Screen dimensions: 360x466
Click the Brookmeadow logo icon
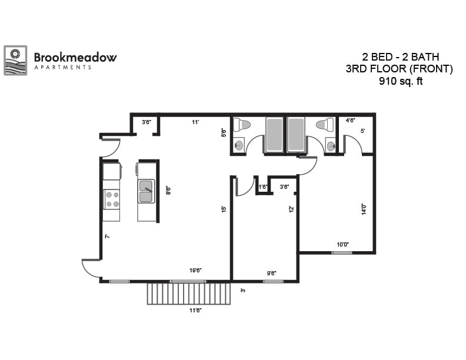15,60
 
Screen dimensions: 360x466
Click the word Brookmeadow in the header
75,57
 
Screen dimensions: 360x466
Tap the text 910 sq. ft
400,82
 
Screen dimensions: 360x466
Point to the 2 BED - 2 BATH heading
400,57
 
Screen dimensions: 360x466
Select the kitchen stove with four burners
111,199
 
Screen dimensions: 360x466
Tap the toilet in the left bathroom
242,125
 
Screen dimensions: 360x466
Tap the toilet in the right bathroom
325,125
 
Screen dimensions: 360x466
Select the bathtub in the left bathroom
274,135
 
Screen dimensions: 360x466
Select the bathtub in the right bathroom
296,135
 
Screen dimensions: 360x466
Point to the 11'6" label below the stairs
195,310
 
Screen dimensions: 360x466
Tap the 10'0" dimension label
342,244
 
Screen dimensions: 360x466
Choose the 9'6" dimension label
272,273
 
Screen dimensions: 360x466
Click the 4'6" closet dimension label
351,121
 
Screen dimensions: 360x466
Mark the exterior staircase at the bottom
188,293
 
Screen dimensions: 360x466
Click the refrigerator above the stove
111,172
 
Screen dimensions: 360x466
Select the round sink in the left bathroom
239,145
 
